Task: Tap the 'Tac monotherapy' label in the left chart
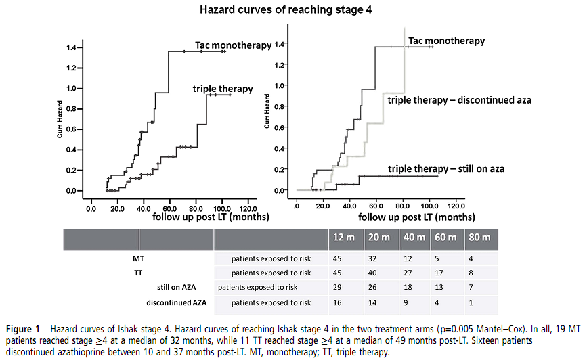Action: click(x=233, y=45)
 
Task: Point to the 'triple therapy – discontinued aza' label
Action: click(x=459, y=100)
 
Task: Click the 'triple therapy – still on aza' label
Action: click(x=446, y=168)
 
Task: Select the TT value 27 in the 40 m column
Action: click(x=410, y=273)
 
